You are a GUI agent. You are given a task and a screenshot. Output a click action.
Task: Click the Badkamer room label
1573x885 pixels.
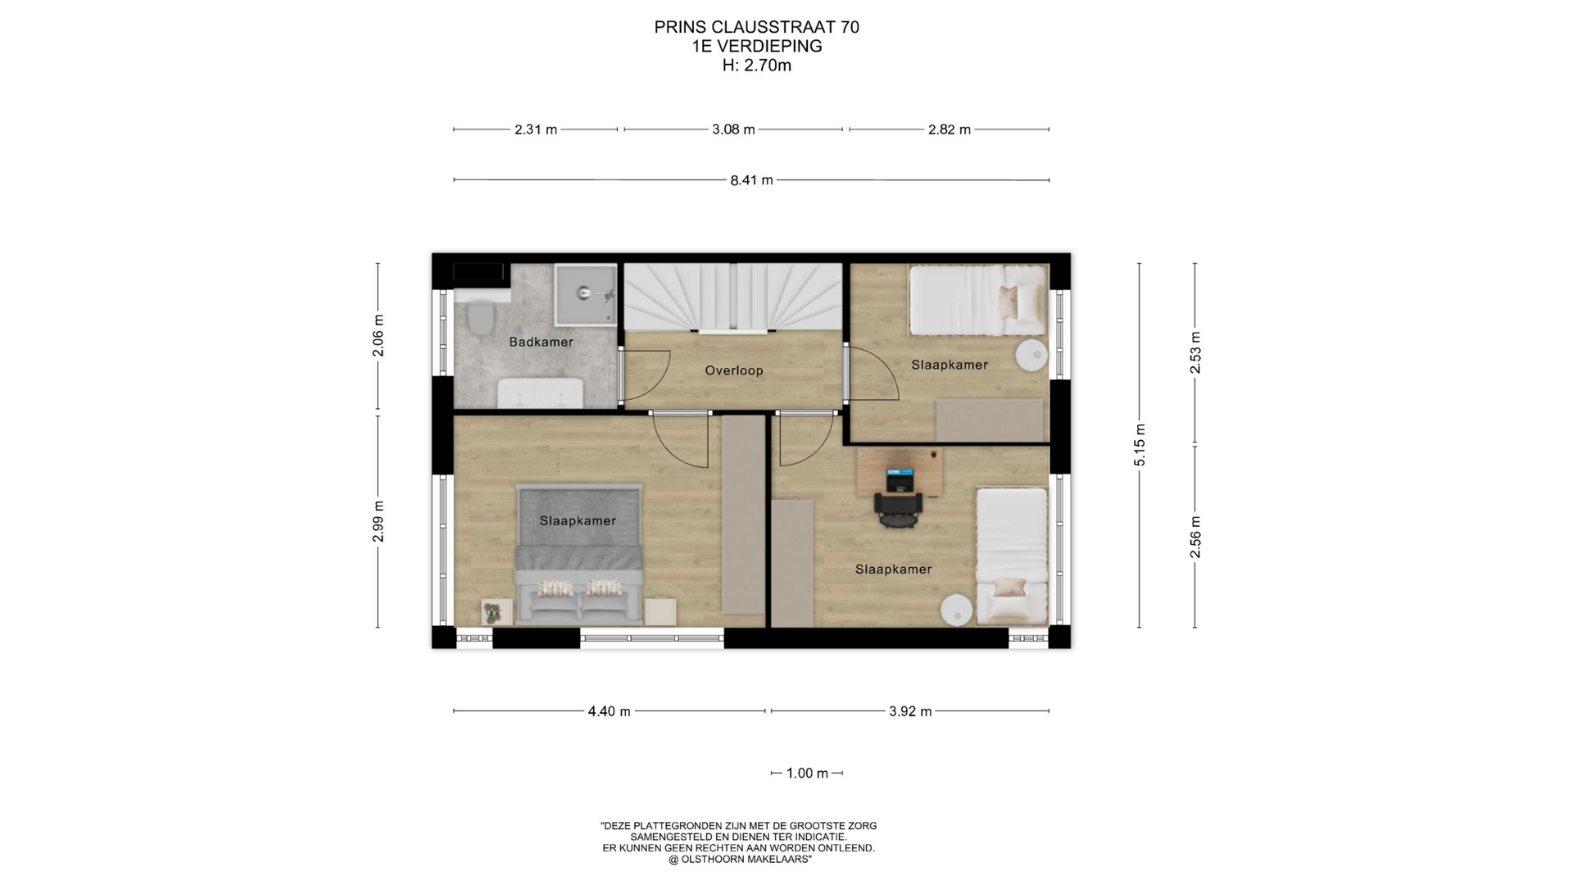[x=541, y=342]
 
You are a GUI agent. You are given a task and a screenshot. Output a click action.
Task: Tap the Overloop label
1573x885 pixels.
[x=734, y=370]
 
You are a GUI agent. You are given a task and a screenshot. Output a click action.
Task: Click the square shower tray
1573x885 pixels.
[x=585, y=293]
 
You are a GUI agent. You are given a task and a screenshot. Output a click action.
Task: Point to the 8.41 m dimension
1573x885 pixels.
[x=751, y=179]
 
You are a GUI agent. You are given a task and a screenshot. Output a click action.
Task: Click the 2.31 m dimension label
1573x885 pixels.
[x=536, y=129]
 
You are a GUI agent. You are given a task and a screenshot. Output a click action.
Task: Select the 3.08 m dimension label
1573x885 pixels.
[x=733, y=129]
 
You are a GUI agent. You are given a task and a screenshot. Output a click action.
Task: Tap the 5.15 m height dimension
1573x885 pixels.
[x=1140, y=446]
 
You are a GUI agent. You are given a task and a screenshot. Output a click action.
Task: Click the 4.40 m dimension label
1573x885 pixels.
[x=609, y=711]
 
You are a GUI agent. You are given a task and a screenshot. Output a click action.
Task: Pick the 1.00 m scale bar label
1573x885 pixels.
[x=807, y=774]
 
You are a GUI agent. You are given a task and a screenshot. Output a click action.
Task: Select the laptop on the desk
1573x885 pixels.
[x=900, y=480]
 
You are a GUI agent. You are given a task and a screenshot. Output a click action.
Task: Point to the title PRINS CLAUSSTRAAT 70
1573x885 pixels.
[x=756, y=27]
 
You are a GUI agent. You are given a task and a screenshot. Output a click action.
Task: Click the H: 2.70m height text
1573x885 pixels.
[x=756, y=66]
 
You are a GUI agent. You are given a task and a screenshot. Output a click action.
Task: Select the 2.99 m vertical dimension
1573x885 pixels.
[x=378, y=521]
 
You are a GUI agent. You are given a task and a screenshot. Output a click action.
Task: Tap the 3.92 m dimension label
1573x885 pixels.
[x=910, y=711]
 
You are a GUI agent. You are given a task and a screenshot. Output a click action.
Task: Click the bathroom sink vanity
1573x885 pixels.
[x=541, y=393]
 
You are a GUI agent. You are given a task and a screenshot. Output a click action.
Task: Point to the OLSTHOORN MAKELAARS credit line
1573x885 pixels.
[x=739, y=860]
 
